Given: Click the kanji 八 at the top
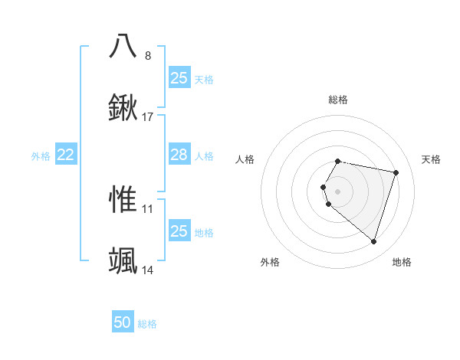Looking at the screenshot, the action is point(123,45).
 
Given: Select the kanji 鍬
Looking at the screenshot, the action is point(123,109).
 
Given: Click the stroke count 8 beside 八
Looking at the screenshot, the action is point(148,55).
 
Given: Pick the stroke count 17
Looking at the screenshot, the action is point(148,117).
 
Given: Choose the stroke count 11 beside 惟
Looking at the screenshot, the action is point(148,208).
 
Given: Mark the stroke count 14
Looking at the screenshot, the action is point(148,270).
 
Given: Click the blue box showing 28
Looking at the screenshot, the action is point(179,155).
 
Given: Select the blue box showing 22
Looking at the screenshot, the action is point(66,155).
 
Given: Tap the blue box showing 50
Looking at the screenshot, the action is point(123,322).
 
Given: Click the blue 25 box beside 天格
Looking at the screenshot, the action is point(179,77).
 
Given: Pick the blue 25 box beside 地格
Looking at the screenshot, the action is point(179,231).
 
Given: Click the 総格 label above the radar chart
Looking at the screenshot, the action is point(338,100).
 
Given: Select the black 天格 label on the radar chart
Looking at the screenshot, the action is point(431,159).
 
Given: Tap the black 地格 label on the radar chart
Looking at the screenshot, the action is point(402,262).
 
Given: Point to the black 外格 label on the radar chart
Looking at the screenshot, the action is point(270,262).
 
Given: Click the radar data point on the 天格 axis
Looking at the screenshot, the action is point(396,173).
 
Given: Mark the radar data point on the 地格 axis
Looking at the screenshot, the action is point(373,242).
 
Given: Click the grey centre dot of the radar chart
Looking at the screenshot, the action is point(338,191).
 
